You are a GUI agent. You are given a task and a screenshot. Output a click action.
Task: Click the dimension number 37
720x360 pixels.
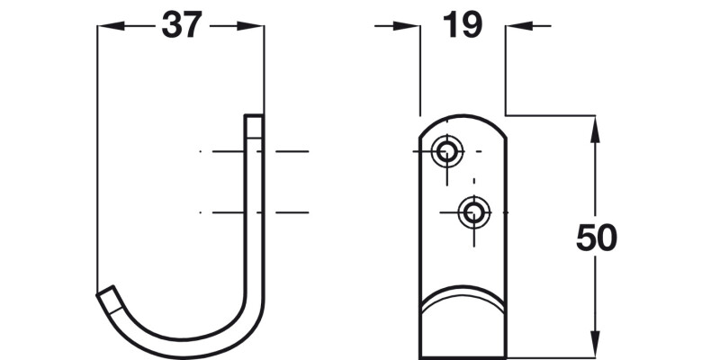180,26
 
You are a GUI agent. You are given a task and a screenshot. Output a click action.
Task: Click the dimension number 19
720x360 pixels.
463,26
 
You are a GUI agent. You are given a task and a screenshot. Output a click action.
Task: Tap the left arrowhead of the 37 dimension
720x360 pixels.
103,27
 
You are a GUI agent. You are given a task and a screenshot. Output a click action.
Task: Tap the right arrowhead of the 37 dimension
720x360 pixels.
257,27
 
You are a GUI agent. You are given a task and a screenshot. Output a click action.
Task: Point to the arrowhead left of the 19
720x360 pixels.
413,27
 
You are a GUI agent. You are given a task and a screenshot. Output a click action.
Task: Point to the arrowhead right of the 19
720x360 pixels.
513,27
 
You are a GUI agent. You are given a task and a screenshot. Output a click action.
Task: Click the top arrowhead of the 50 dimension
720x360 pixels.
595,124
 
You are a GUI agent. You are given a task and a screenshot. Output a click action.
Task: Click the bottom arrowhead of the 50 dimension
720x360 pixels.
595,347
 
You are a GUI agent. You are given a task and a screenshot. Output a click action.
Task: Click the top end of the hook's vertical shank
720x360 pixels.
255,118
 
